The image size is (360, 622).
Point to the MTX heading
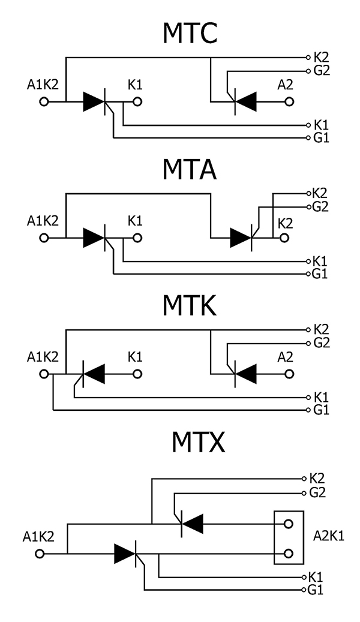click(x=197, y=443)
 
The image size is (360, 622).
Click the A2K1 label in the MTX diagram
click(x=329, y=536)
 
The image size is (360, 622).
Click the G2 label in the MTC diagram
click(x=322, y=70)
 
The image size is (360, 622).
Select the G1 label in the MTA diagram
click(x=321, y=274)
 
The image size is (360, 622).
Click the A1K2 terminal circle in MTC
click(x=43, y=102)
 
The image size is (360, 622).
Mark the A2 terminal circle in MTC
click(x=290, y=102)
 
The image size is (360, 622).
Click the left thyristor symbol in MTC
click(x=96, y=102)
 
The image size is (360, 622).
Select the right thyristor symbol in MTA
click(x=242, y=238)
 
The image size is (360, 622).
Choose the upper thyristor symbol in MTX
click(x=192, y=524)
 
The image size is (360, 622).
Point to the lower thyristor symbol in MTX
click(x=127, y=552)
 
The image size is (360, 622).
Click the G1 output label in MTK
click(x=321, y=410)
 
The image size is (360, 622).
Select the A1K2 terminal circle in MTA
click(x=43, y=238)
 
